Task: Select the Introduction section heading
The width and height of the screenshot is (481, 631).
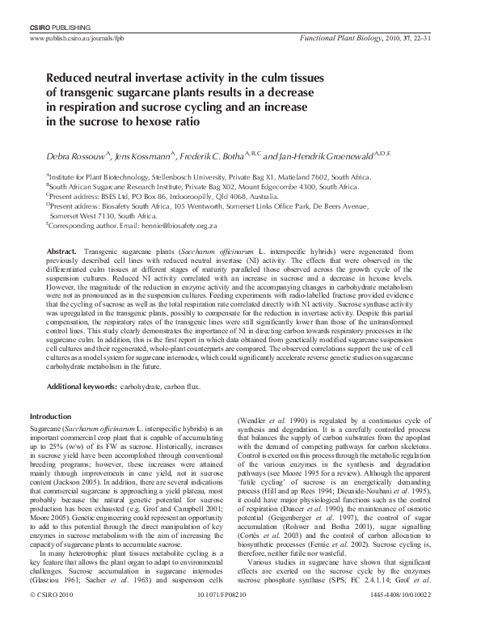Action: pos(50,417)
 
